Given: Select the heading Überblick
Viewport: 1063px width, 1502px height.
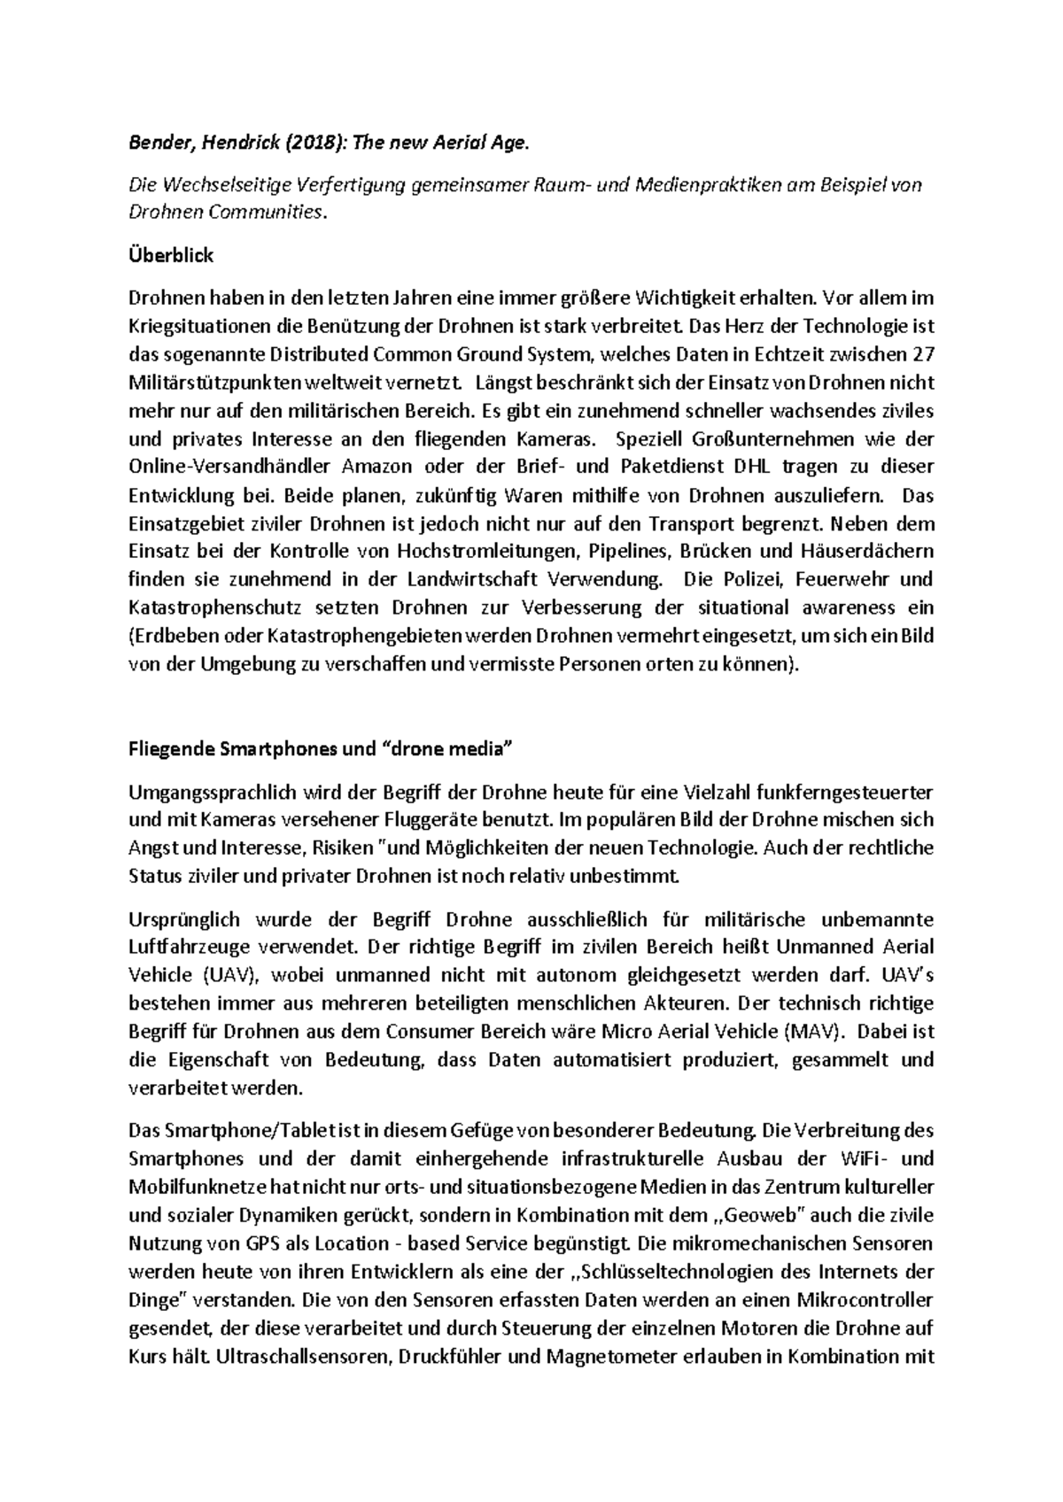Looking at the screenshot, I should (171, 256).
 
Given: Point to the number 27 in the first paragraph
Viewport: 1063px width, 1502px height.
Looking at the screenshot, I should (921, 354).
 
